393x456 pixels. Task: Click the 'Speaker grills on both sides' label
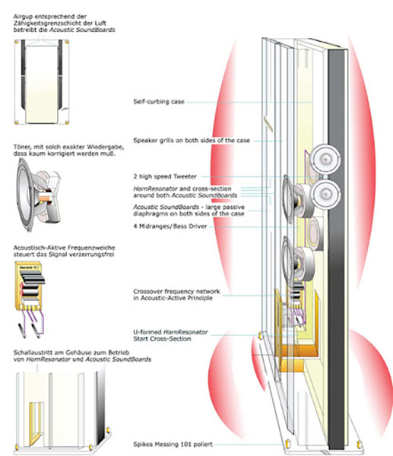click(x=185, y=140)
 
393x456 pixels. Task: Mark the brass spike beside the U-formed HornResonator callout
click(x=260, y=334)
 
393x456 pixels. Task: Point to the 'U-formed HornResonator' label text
click(x=171, y=333)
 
